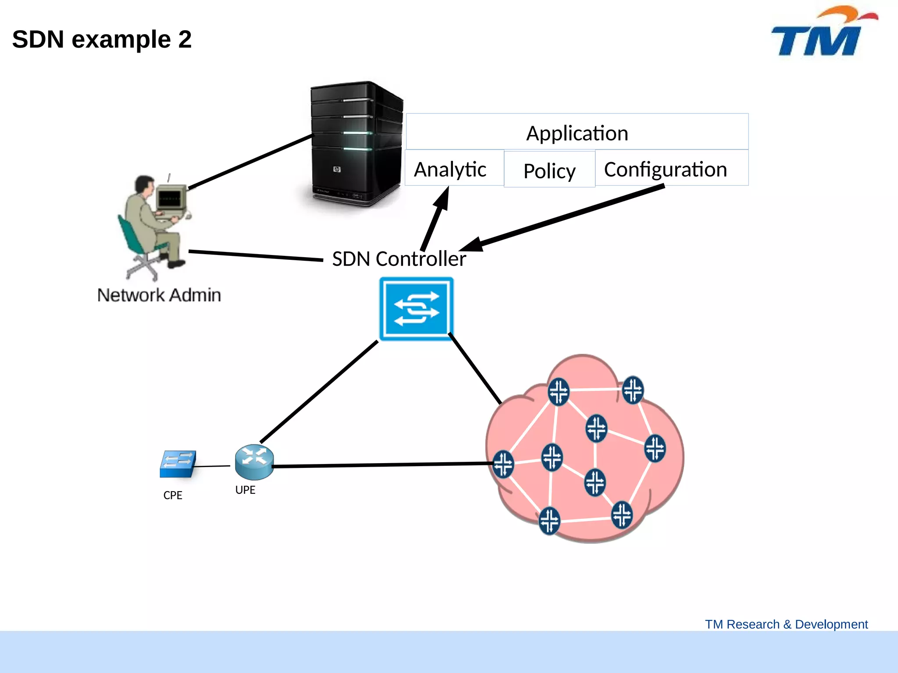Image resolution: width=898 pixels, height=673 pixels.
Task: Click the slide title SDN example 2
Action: pos(102,39)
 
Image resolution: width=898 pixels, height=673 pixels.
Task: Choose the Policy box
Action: pos(549,170)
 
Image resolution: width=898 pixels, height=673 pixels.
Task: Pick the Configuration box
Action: pos(671,169)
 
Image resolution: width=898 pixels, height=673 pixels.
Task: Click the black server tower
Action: pos(355,145)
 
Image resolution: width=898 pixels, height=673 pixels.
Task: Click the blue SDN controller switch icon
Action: pos(416,308)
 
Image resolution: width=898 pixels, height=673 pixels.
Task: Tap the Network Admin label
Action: pos(159,295)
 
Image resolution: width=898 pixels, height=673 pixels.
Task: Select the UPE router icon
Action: pos(254,462)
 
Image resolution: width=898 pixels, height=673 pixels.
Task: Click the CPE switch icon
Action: pos(178,464)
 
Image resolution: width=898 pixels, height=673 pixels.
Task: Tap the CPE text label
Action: pos(173,495)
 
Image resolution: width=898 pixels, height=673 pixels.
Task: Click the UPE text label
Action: pos(245,490)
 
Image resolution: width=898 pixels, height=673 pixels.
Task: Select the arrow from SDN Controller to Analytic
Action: pos(436,219)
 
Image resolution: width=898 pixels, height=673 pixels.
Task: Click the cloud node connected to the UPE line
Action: pos(503,463)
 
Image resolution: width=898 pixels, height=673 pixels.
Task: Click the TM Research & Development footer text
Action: pos(786,624)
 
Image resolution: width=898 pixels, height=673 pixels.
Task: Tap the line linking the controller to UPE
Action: pos(319,392)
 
